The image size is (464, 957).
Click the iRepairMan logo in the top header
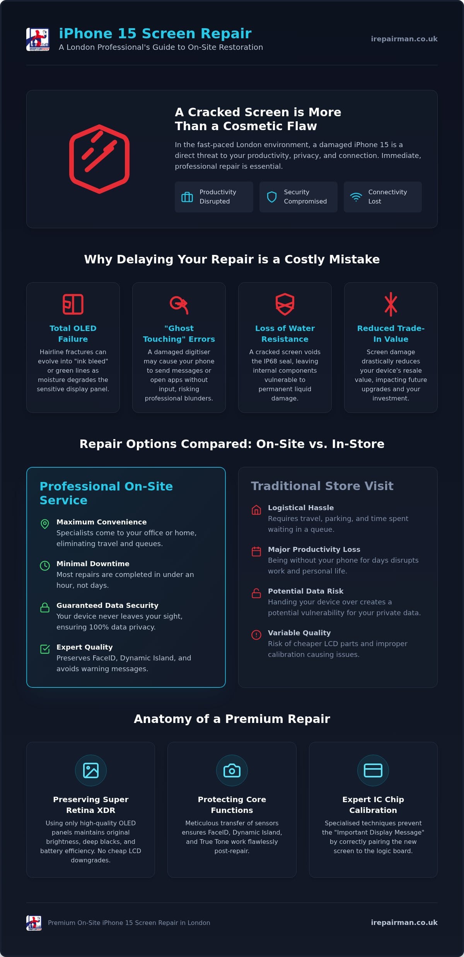[x=38, y=39]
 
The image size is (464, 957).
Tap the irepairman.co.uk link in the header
[x=404, y=39]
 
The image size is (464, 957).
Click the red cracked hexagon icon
[x=99, y=159]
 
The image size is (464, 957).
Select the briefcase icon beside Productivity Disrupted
[x=187, y=197]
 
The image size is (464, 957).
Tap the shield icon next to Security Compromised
[x=272, y=197]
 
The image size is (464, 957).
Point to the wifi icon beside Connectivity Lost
[x=356, y=197]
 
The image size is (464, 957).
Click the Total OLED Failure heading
[x=73, y=334]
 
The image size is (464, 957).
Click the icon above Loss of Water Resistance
[x=285, y=304]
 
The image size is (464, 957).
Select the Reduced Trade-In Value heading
[x=391, y=334]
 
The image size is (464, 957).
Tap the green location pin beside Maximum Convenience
[x=45, y=524]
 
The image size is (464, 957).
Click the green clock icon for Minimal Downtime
[x=45, y=566]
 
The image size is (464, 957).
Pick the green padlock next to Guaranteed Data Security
[x=45, y=607]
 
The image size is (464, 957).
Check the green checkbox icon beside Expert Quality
[x=45, y=649]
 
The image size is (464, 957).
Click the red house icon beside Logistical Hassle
[x=256, y=510]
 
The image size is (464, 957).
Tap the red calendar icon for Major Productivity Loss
[x=256, y=551]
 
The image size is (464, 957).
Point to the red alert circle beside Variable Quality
[x=256, y=635]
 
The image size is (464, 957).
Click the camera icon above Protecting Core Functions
[x=232, y=770]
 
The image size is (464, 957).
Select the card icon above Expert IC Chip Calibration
[x=373, y=770]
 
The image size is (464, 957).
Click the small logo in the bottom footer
[x=34, y=923]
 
